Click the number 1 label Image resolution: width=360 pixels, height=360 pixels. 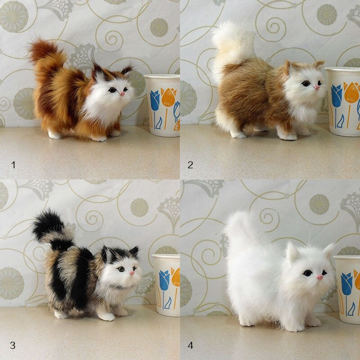[13, 165]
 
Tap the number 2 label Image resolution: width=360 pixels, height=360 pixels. [190, 165]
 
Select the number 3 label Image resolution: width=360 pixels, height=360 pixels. [13, 345]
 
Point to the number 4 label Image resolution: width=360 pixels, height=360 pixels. [190, 345]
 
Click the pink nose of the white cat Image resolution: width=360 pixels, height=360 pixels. [320, 277]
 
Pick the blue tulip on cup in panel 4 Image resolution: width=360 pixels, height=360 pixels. [346, 284]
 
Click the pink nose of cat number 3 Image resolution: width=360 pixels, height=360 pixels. [132, 273]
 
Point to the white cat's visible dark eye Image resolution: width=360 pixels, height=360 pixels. [307, 273]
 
